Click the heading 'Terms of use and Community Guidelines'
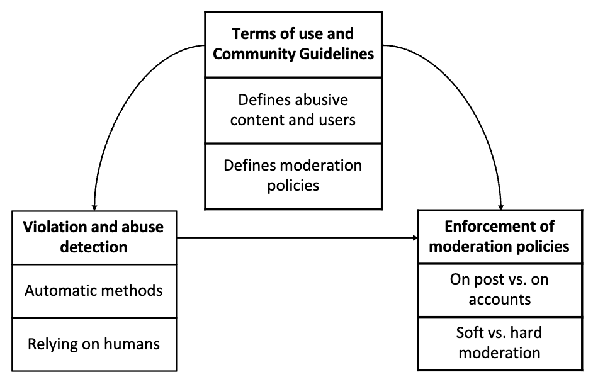293,43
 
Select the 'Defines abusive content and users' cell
293,110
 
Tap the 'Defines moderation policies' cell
293,175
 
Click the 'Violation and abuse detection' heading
94,237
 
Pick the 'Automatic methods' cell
94,290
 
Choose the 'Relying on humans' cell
94,344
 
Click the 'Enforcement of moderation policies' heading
499,236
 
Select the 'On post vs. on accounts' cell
499,289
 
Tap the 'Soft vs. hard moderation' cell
499,342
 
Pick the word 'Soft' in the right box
470,332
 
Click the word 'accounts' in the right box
499,299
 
